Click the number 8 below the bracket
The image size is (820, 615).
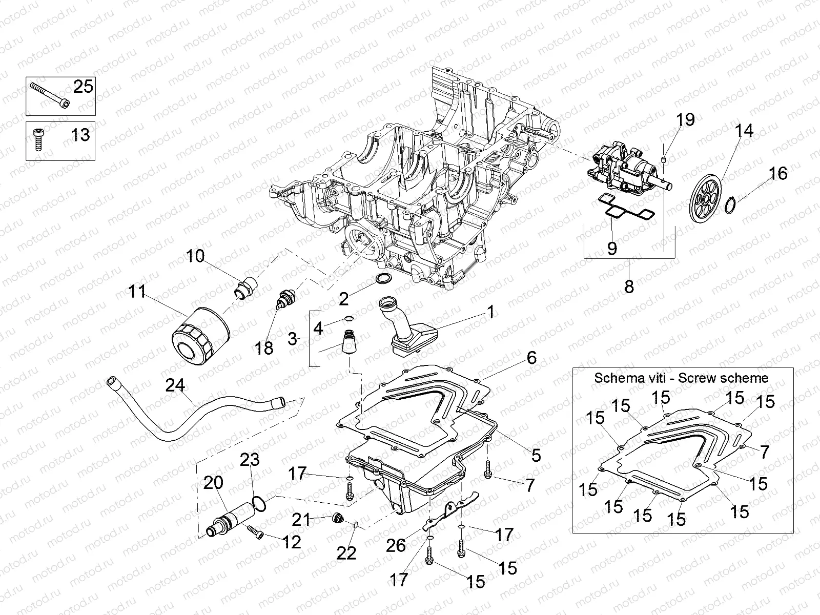(x=629, y=286)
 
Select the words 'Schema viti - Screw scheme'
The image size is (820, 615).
(x=681, y=378)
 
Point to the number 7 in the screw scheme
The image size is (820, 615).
(x=764, y=452)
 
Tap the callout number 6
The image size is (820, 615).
(x=531, y=358)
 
